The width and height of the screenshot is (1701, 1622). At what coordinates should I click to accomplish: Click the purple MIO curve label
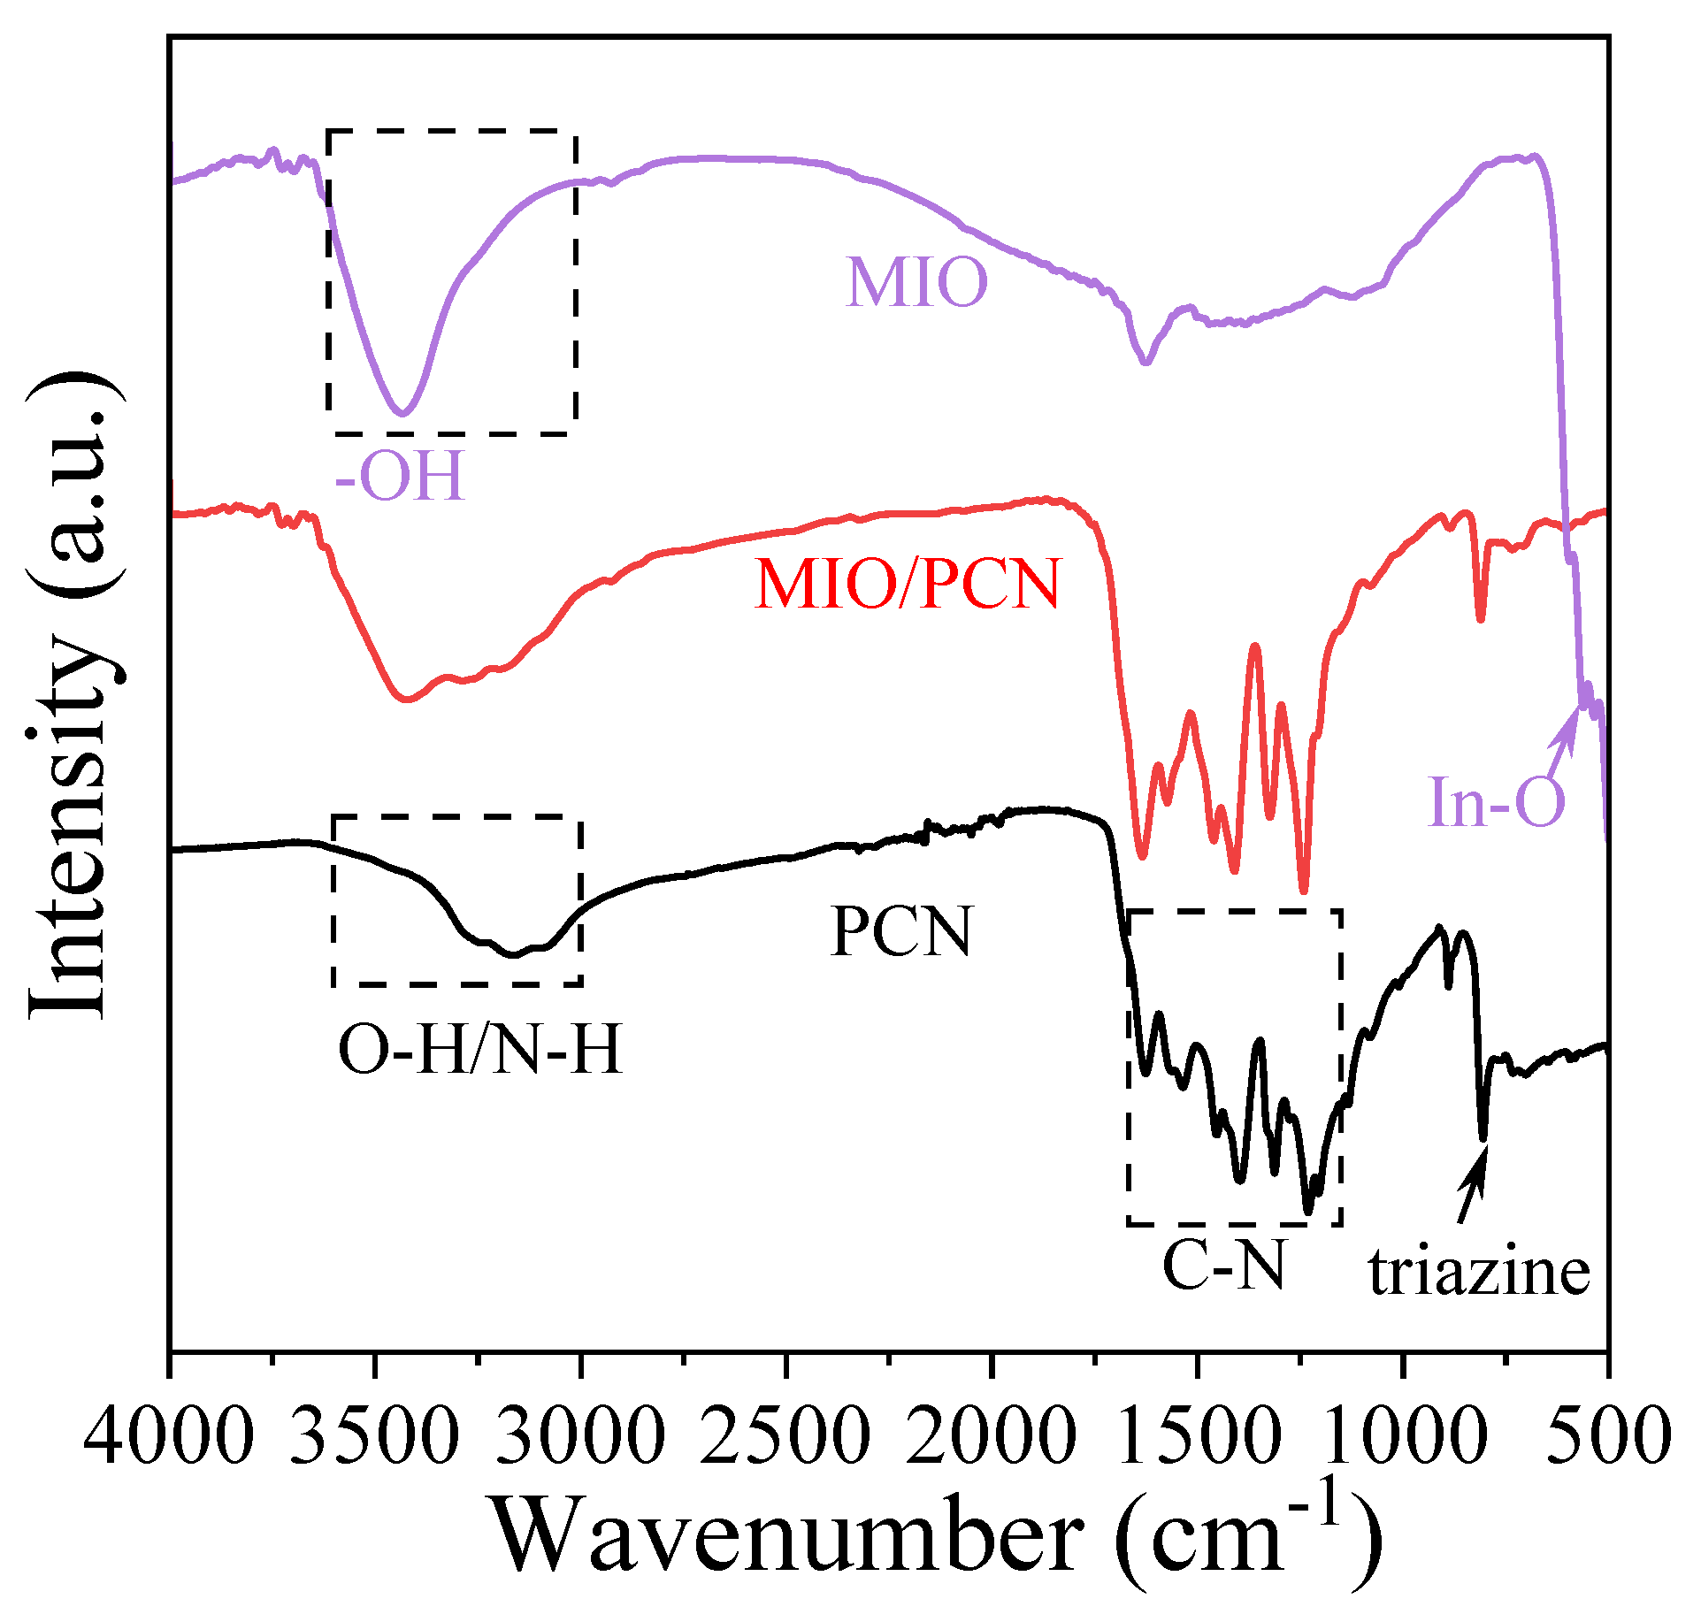916,283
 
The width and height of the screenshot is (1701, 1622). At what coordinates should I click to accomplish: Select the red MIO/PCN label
907,585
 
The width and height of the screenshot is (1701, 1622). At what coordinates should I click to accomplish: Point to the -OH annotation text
400,477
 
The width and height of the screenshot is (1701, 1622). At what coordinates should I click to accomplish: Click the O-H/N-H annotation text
479,1050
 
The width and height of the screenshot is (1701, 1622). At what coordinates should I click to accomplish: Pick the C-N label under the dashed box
1223,1266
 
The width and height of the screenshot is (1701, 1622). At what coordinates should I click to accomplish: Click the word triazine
1479,1274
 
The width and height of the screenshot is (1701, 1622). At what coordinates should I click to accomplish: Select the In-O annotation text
1496,802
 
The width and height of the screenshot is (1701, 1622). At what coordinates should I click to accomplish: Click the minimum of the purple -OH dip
402,412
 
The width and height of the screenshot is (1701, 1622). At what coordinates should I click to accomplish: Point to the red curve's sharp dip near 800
1481,618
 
